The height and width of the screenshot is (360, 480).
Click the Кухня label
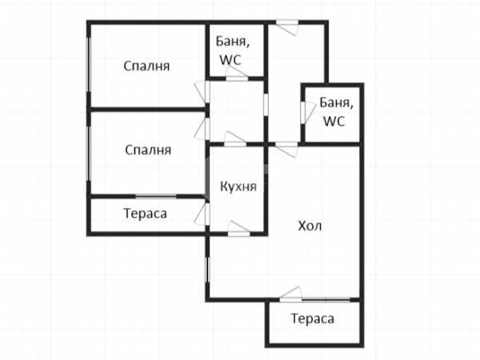(x=238, y=186)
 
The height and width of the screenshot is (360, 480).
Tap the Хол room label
(x=310, y=226)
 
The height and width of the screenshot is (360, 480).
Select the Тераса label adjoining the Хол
(x=312, y=318)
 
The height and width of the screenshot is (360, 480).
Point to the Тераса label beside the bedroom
(x=145, y=213)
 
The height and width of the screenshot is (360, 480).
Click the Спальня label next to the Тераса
(x=148, y=150)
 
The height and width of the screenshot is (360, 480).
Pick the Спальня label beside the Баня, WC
(x=146, y=66)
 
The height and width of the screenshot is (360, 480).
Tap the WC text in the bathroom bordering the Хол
(x=334, y=122)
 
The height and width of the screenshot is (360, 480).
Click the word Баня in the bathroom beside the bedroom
(x=232, y=42)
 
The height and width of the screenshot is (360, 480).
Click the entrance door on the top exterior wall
(x=287, y=27)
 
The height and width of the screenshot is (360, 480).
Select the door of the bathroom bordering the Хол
(x=307, y=113)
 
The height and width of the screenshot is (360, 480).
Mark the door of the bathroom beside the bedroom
(x=238, y=74)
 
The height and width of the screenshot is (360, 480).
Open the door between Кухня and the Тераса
(x=202, y=214)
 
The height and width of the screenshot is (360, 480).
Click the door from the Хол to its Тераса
(x=291, y=294)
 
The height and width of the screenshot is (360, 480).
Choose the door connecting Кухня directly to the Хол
(x=239, y=228)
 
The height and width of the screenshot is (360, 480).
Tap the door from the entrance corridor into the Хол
(x=286, y=150)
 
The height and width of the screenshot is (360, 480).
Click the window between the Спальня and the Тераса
(x=156, y=196)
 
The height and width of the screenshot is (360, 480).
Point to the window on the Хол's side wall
(x=207, y=270)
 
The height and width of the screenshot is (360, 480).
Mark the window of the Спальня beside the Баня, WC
(x=89, y=64)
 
